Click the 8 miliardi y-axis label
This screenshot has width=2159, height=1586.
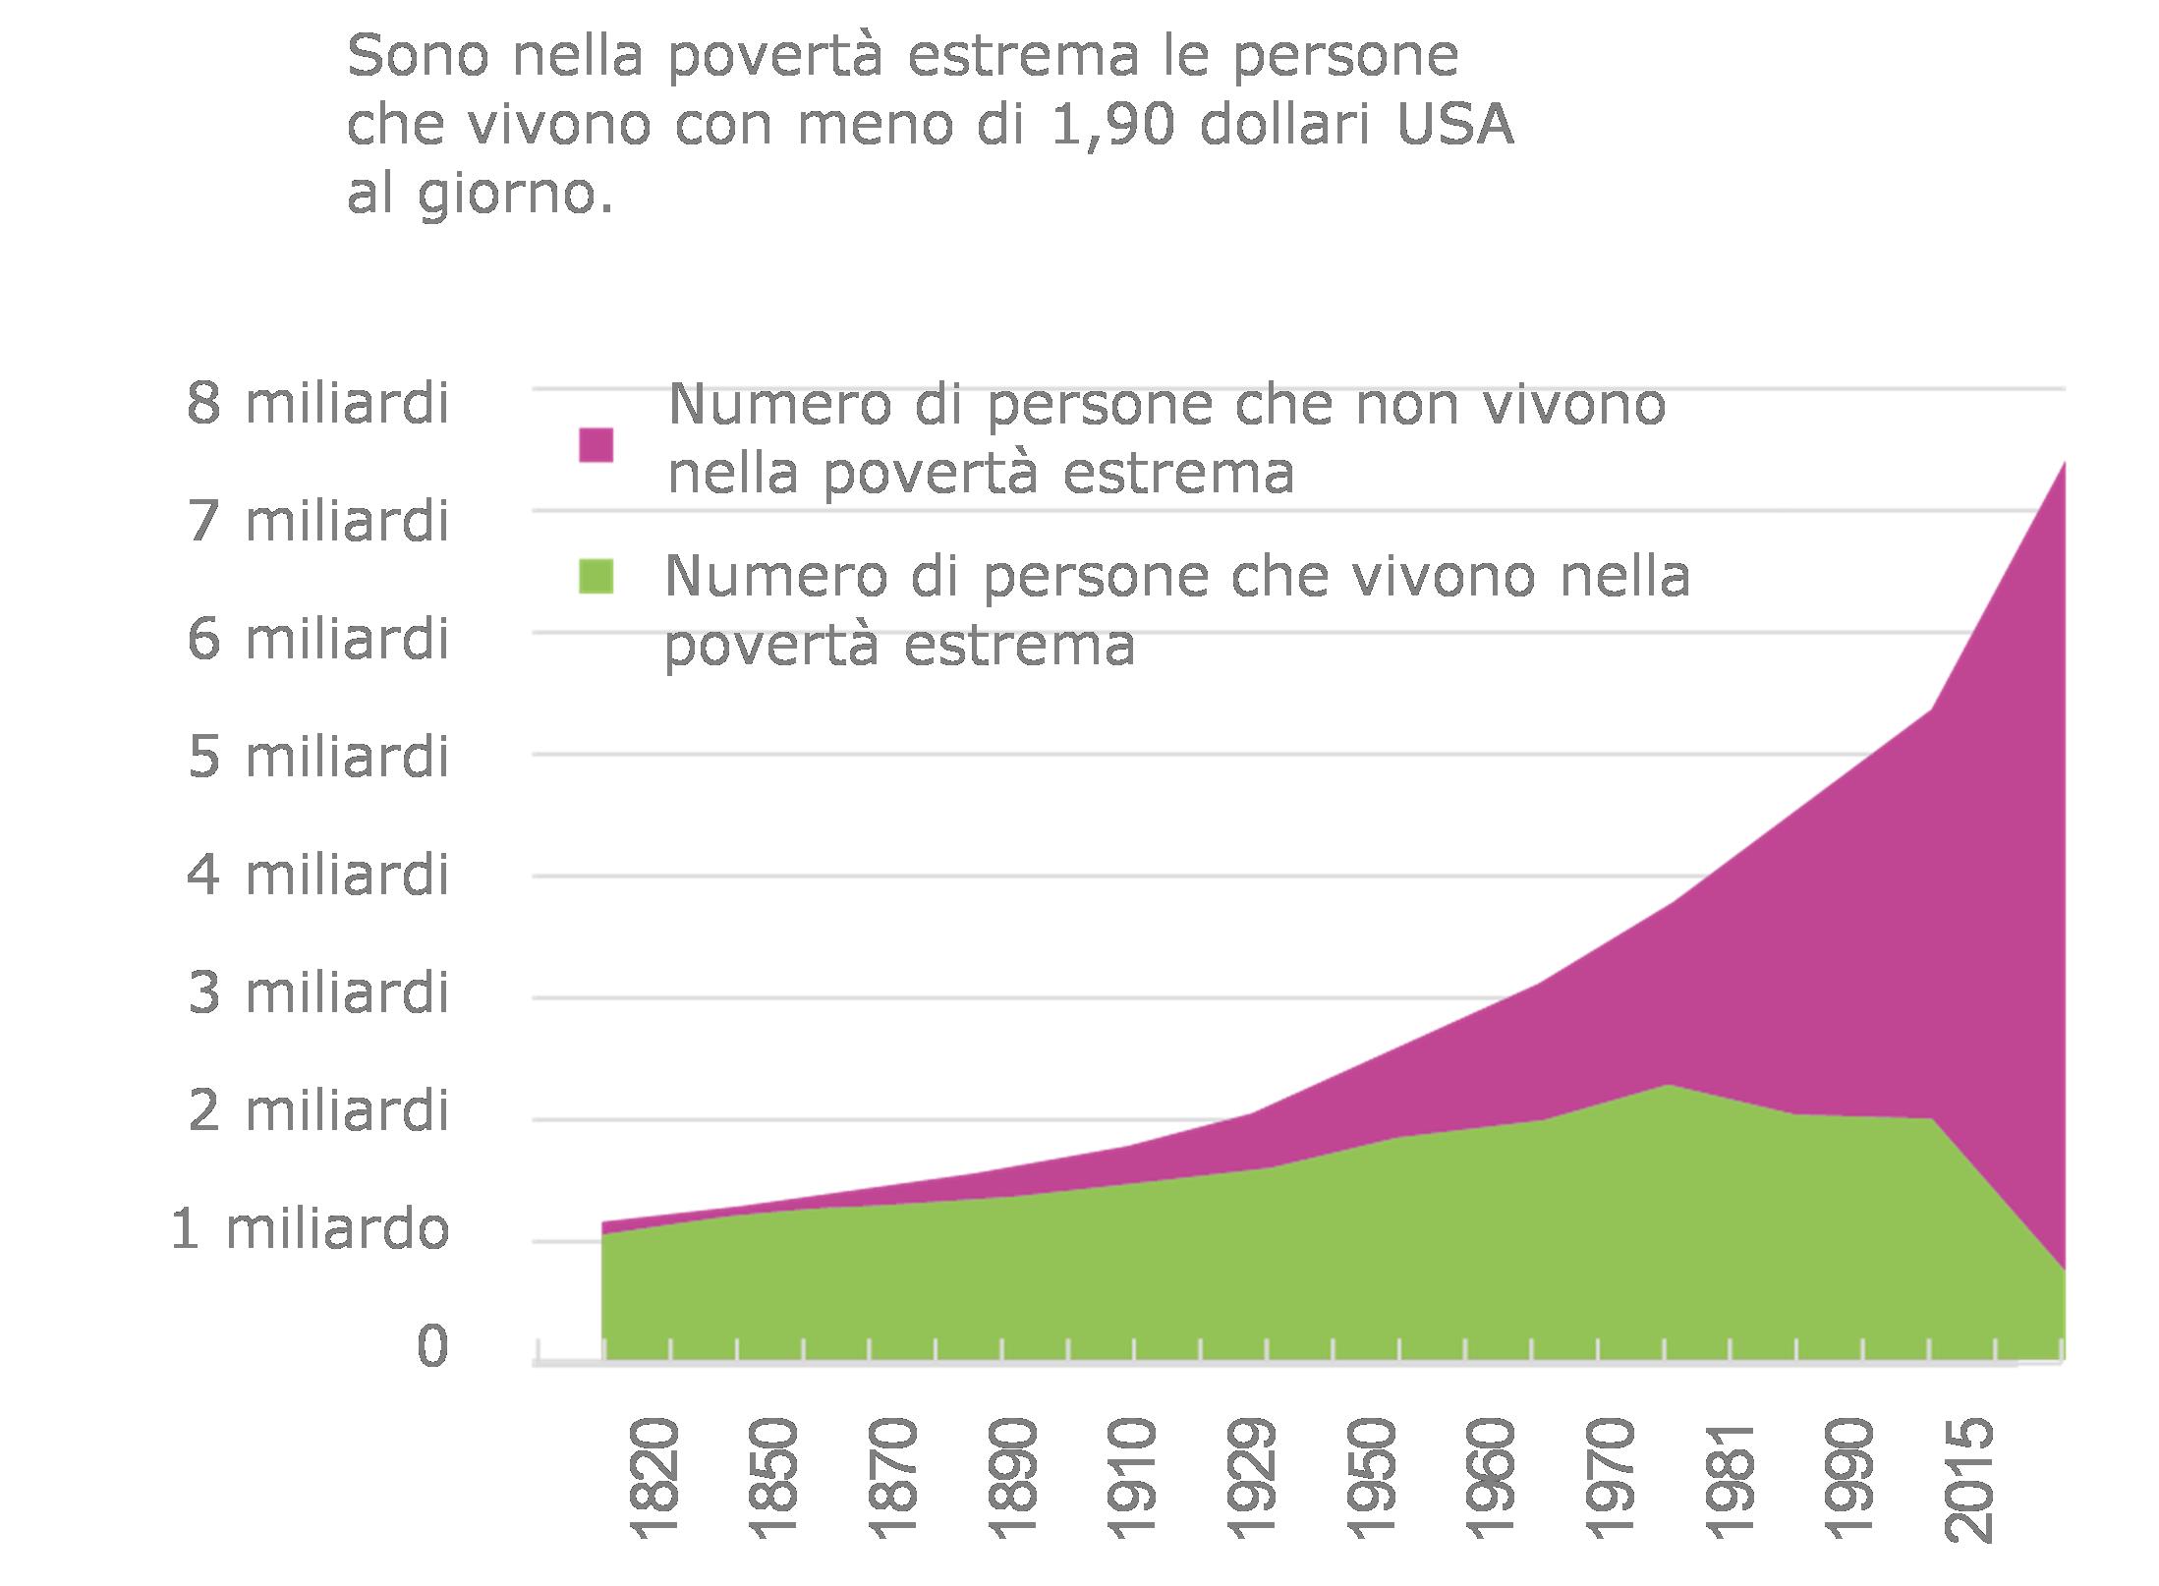[317, 404]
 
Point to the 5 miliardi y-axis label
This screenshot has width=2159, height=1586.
[317, 758]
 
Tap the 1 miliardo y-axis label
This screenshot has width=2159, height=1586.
[309, 1229]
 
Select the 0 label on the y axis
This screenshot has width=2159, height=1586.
[432, 1345]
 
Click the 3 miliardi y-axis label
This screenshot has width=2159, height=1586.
[317, 993]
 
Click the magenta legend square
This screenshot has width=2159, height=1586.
[596, 445]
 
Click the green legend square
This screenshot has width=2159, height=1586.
[596, 577]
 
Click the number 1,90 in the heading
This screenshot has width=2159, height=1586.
[1110, 126]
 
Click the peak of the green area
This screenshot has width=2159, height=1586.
[1667, 1086]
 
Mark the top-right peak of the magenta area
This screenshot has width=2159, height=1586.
[2062, 463]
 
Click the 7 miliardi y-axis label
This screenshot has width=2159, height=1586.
[317, 522]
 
